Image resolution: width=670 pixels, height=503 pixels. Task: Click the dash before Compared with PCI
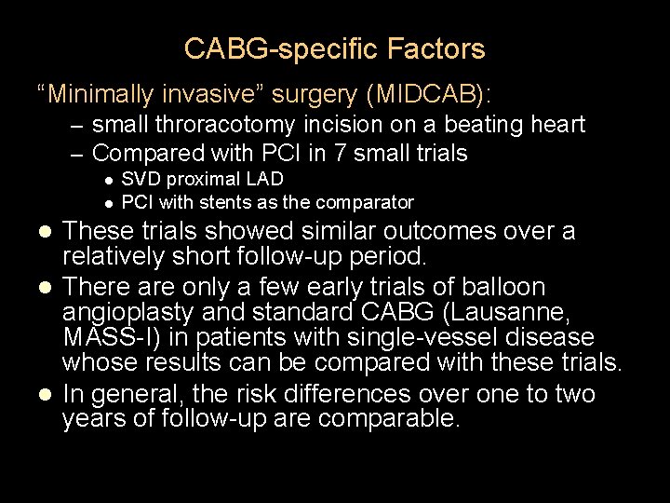click(x=76, y=152)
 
